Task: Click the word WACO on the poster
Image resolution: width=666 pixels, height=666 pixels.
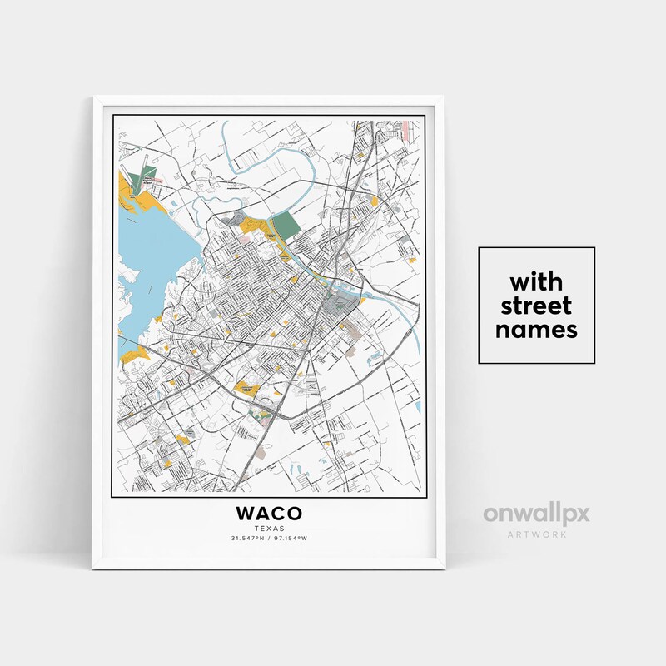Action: point(269,514)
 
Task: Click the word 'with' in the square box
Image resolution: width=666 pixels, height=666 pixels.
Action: point(536,278)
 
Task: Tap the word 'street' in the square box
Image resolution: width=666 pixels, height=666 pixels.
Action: point(536,303)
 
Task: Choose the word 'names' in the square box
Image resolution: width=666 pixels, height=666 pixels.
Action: point(536,329)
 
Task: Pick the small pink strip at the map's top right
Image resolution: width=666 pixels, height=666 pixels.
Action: point(405,129)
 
